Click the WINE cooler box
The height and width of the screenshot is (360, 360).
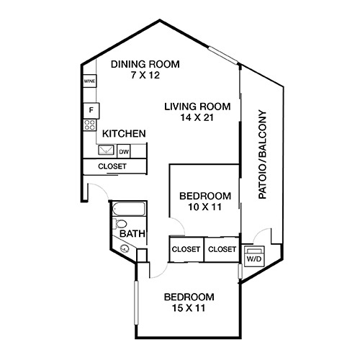[x=89, y=81]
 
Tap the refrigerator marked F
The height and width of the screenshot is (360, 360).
[x=91, y=111]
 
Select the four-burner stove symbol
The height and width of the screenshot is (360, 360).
[x=89, y=125]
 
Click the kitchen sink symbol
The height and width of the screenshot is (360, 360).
[x=106, y=150]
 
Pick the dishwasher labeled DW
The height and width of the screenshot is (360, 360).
[x=124, y=151]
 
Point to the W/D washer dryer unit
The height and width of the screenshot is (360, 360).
[x=254, y=256]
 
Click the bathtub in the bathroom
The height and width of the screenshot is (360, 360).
[x=129, y=209]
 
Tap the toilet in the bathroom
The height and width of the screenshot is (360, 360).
[x=120, y=224]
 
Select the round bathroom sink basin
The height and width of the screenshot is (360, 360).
[x=125, y=248]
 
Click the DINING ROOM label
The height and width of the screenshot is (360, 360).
[x=145, y=64]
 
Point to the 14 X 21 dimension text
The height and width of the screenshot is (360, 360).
[x=197, y=117]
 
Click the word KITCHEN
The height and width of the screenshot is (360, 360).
[x=124, y=134]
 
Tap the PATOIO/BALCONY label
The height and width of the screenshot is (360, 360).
[x=262, y=154]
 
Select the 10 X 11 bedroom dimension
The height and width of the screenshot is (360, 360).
[x=204, y=207]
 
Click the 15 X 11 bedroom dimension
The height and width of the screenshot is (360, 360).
[x=189, y=308]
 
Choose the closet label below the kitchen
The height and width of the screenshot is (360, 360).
[x=112, y=166]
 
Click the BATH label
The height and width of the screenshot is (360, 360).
[x=132, y=233]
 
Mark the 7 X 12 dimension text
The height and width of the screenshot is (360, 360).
[x=145, y=76]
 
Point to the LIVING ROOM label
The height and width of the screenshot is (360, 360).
[x=197, y=107]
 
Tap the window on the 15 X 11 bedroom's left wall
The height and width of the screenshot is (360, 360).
[x=136, y=303]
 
